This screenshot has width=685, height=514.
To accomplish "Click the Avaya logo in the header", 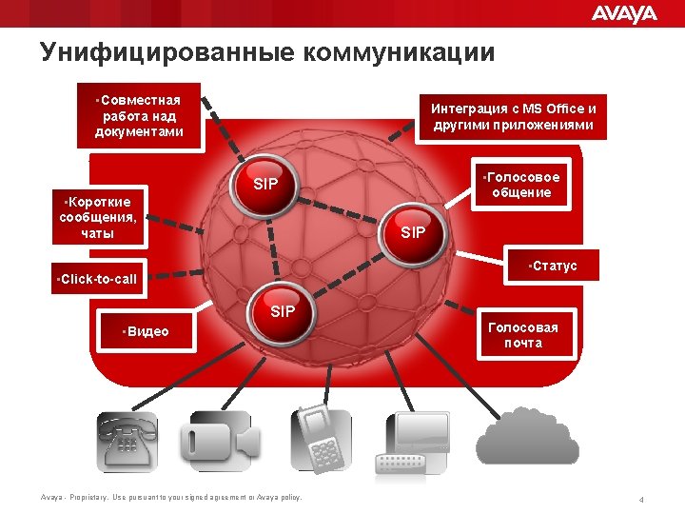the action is click(624, 13).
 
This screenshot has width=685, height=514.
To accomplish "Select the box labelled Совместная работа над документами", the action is click(140, 115).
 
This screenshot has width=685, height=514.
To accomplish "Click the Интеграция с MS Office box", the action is click(513, 116).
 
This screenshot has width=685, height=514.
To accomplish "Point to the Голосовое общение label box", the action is click(521, 185).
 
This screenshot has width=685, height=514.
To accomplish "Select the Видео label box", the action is click(147, 331).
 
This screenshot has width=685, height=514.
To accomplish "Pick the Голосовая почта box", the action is click(523, 335).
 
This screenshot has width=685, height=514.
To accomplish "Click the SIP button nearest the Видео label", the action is click(283, 312).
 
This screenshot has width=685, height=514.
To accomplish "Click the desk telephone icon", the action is click(127, 442).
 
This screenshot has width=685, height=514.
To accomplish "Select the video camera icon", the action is click(220, 441).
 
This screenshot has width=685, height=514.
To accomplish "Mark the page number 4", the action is click(643, 500).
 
